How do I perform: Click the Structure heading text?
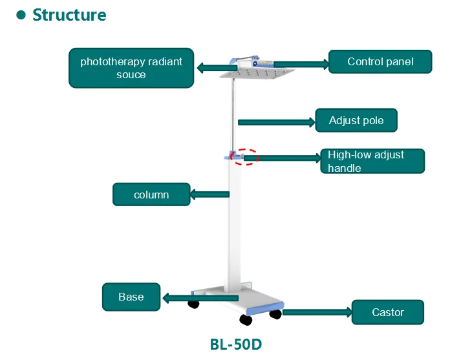(x=69, y=15)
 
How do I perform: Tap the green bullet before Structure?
(x=21, y=15)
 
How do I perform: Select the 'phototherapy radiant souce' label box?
(x=131, y=68)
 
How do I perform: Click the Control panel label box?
(x=380, y=62)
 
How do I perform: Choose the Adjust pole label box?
(x=356, y=121)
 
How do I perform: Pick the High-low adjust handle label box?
(x=372, y=162)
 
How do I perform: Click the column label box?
(x=151, y=195)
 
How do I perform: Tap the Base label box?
(x=131, y=297)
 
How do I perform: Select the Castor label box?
(x=387, y=313)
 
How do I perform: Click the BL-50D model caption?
(x=236, y=344)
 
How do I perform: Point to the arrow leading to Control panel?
(x=301, y=64)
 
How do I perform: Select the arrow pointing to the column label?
(x=209, y=193)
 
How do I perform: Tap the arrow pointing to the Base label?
(x=200, y=298)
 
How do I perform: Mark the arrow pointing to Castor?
(x=317, y=312)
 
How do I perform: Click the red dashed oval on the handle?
(x=246, y=156)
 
